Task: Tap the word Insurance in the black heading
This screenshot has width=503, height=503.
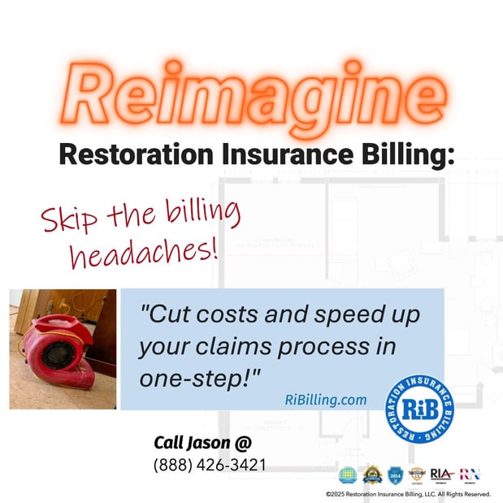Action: [280, 154]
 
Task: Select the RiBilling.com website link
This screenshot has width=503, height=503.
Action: [325, 400]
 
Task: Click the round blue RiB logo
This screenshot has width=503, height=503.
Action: [419, 408]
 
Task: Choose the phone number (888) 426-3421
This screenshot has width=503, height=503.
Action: [209, 466]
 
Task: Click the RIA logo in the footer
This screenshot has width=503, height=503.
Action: [441, 475]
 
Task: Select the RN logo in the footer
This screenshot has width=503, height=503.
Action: [470, 475]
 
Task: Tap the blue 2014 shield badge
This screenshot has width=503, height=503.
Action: [395, 475]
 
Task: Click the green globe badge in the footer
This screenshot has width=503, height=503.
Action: [348, 475]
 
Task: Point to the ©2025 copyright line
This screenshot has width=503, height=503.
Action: [408, 493]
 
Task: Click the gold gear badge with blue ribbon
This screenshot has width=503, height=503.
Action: [372, 474]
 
